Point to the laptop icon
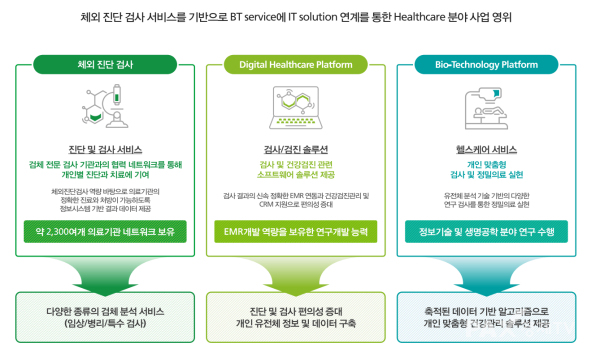299,112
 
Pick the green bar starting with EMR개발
299,233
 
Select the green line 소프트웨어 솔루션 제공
299,173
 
